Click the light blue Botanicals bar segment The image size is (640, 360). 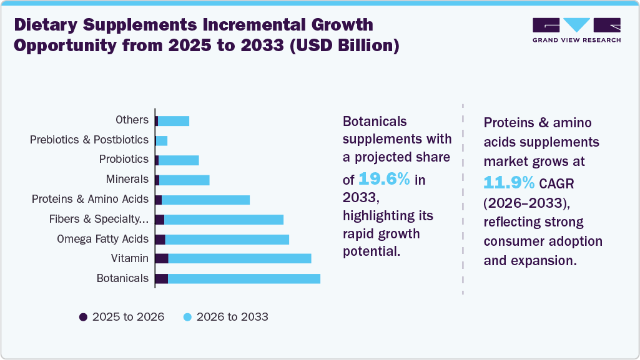[x=244, y=278]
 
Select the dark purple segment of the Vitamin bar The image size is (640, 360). [x=162, y=258]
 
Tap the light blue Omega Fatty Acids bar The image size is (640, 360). [x=227, y=239]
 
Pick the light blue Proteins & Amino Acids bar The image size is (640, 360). [x=205, y=200]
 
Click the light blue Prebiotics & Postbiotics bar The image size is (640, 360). [x=162, y=140]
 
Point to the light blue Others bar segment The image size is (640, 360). [x=173, y=120]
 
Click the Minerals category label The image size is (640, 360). [x=127, y=180]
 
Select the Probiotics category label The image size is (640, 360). [x=124, y=160]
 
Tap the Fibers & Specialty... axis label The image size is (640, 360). [x=99, y=219]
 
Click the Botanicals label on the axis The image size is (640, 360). [x=122, y=278]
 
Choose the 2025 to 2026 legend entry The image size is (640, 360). [x=122, y=317]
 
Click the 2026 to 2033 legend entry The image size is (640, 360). [x=225, y=317]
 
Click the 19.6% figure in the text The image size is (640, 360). [x=384, y=180]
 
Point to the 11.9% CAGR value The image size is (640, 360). [x=509, y=183]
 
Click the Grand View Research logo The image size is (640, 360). [x=576, y=30]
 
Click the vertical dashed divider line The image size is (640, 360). [x=463, y=200]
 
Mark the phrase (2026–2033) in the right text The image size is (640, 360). [x=527, y=203]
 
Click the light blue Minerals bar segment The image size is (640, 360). [x=184, y=180]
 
